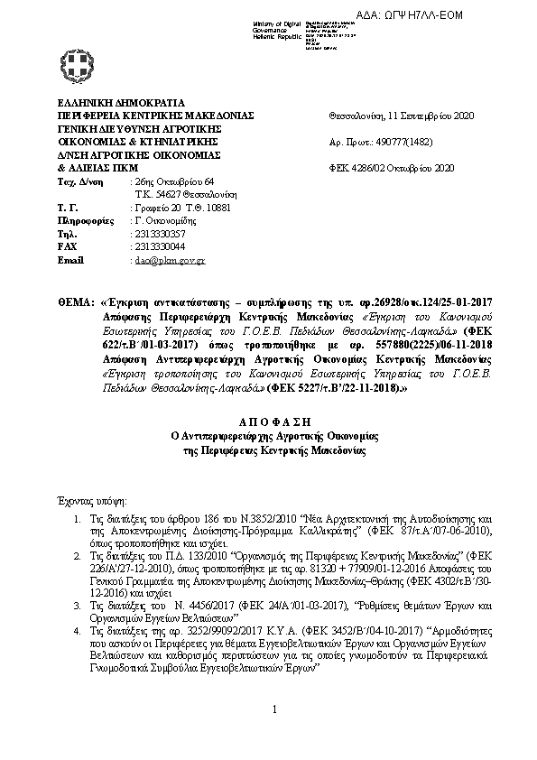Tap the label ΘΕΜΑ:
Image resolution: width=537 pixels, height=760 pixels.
tap(75, 301)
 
